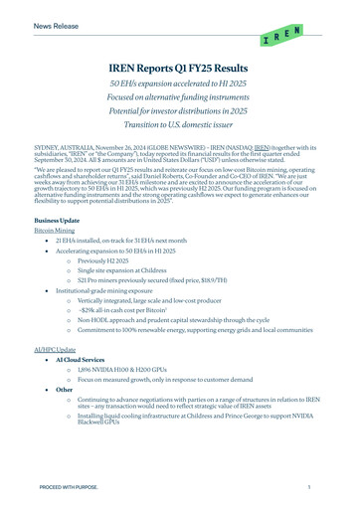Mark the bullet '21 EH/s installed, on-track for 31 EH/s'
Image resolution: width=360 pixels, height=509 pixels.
[x=139, y=241]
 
